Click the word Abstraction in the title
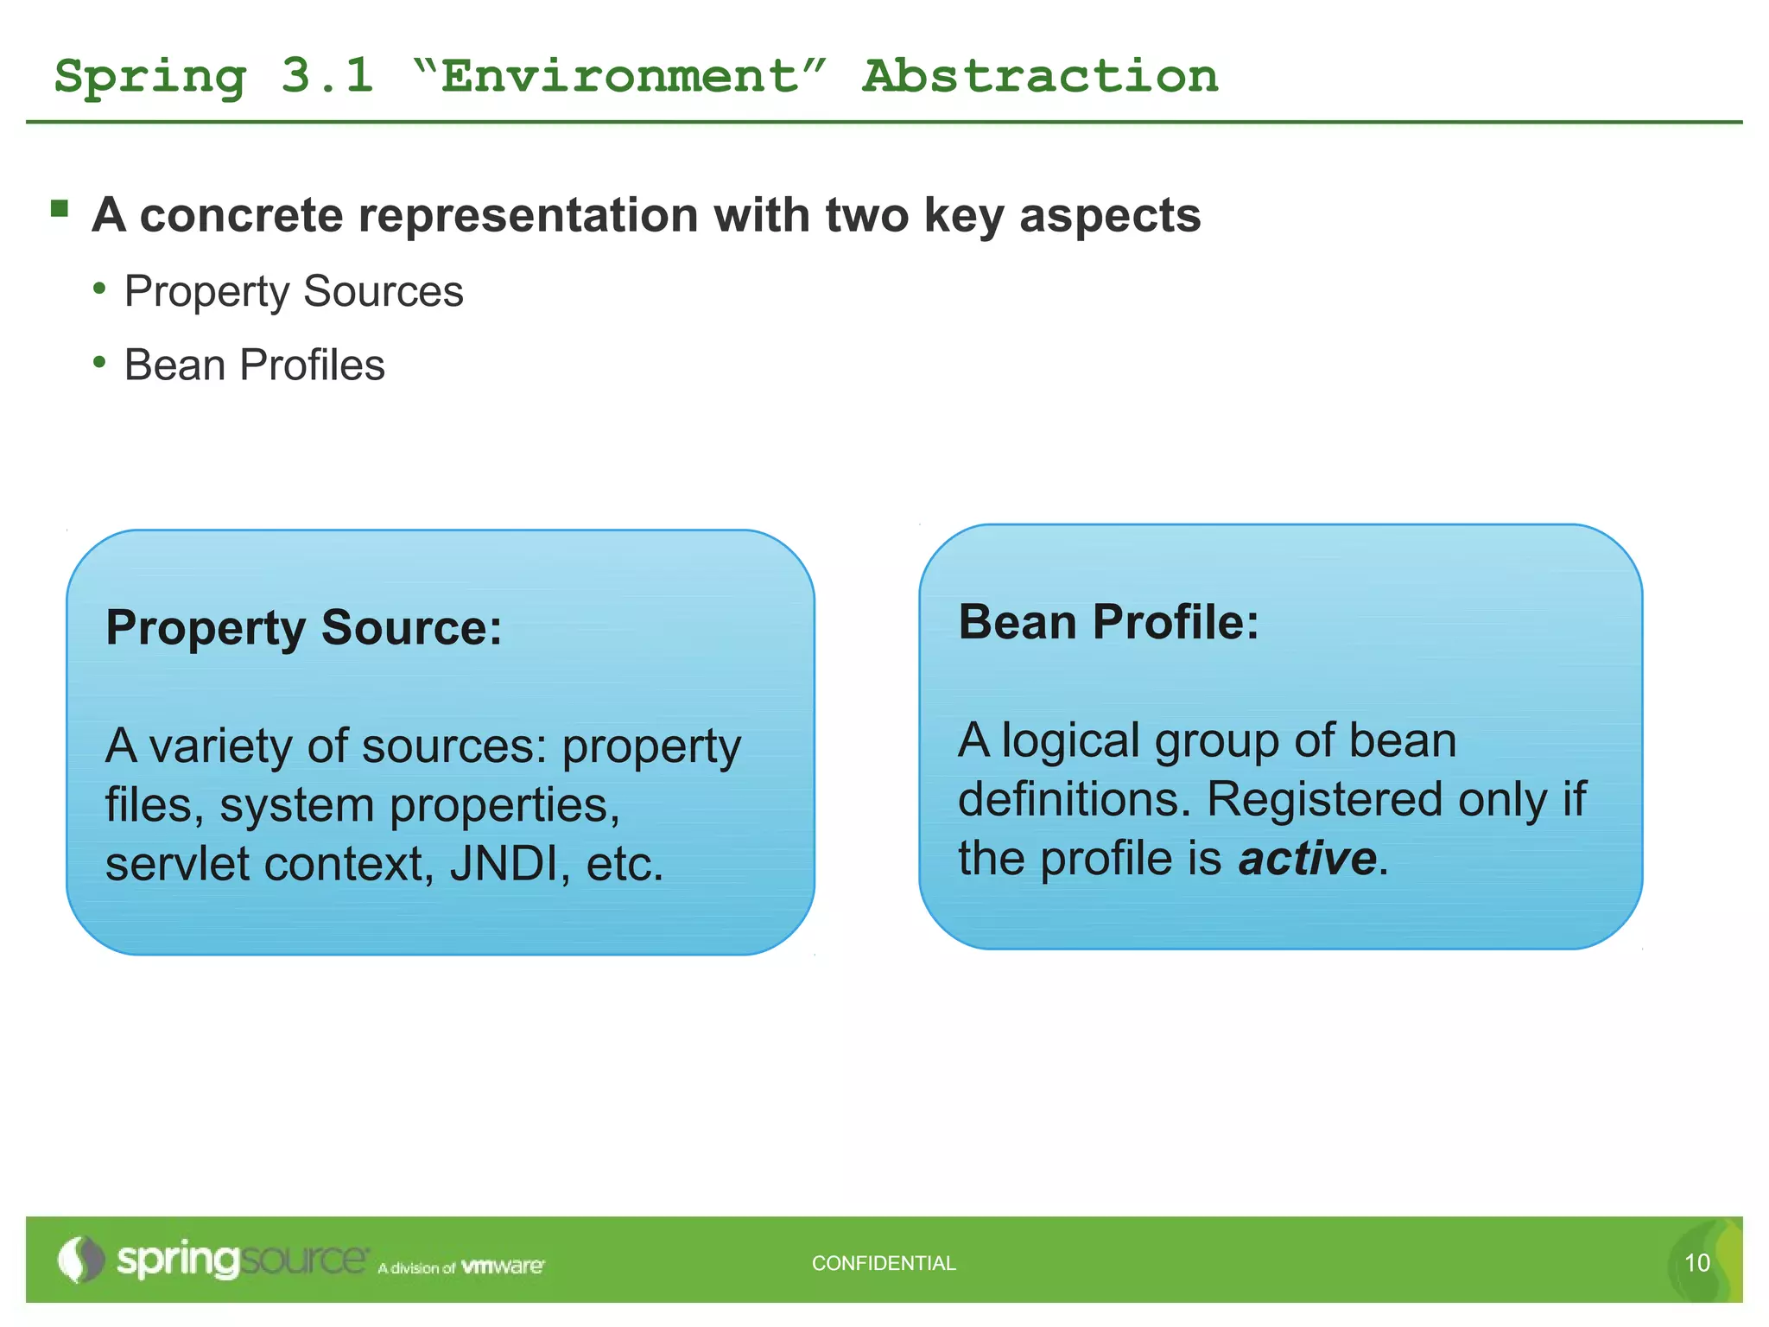click(x=1040, y=76)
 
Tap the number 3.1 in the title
click(x=327, y=76)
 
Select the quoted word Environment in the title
click(x=619, y=76)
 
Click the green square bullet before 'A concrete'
click(x=60, y=208)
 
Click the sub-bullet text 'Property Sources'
click(x=294, y=291)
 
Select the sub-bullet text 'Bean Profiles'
click(x=254, y=365)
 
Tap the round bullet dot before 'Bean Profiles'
click(x=100, y=362)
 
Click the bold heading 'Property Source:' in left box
click(x=303, y=627)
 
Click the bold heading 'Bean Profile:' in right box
click(x=1108, y=622)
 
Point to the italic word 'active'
click(x=1307, y=858)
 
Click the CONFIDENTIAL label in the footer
click(x=884, y=1263)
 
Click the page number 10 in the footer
click(x=1696, y=1263)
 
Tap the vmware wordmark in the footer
click(x=503, y=1267)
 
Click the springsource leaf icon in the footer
click(x=79, y=1260)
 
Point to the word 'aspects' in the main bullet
click(x=1109, y=215)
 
